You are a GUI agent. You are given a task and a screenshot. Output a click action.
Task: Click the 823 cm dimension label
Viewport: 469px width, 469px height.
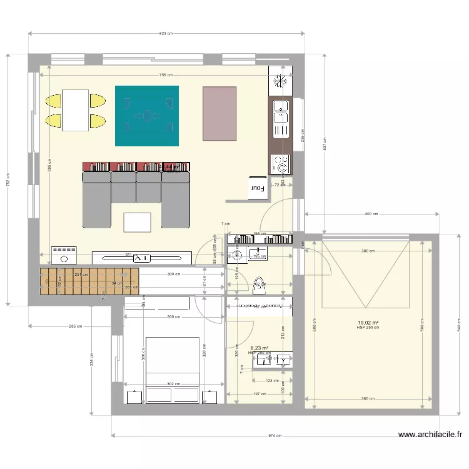click(165, 34)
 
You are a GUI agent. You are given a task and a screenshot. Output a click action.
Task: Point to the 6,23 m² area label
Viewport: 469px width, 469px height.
click(260, 348)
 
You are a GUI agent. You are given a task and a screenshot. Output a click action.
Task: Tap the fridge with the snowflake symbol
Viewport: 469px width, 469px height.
click(280, 81)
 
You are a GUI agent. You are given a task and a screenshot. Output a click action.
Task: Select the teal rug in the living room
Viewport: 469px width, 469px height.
click(147, 116)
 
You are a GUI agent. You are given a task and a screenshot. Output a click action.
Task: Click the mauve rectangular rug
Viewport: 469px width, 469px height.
click(219, 113)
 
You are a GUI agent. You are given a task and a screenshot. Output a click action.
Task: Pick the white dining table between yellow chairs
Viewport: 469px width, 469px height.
click(75, 110)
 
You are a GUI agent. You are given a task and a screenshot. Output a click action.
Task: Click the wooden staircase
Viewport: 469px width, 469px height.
click(88, 281)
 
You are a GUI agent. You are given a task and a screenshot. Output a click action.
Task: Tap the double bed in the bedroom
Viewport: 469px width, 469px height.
click(173, 369)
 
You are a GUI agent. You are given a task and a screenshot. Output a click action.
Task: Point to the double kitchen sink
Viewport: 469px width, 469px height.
click(280, 119)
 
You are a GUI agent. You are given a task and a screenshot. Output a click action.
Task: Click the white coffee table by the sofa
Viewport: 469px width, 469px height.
click(137, 222)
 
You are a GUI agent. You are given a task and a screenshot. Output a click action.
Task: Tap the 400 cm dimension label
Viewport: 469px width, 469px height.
click(371, 214)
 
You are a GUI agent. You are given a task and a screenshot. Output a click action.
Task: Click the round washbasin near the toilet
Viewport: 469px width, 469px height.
click(237, 255)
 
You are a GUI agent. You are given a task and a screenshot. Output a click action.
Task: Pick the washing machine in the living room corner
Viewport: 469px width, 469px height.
click(64, 254)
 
